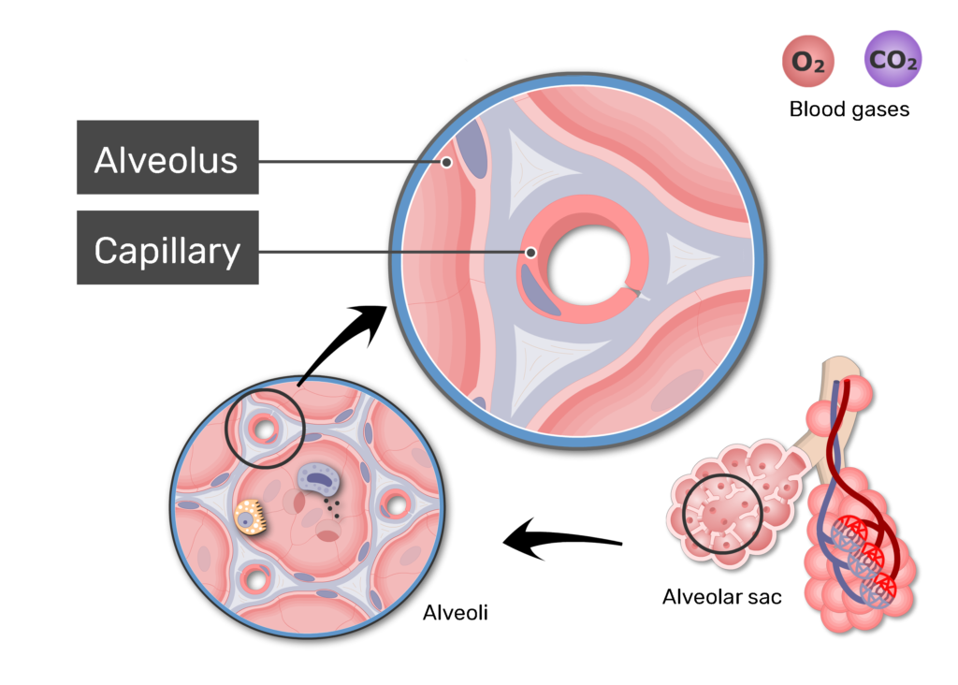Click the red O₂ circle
pyautogui.click(x=807, y=61)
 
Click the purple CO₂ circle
pyautogui.click(x=893, y=59)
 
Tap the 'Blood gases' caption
pyautogui.click(x=849, y=109)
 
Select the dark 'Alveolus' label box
pyautogui.click(x=167, y=157)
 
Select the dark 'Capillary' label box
pyautogui.click(x=167, y=247)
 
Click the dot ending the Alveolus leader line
pyautogui.click(x=446, y=163)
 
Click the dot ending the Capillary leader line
pyautogui.click(x=531, y=253)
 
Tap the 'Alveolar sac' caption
pyautogui.click(x=721, y=596)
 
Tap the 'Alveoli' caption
pyautogui.click(x=456, y=612)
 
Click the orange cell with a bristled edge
pyautogui.click(x=251, y=517)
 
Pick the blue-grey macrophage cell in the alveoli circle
pyautogui.click(x=319, y=478)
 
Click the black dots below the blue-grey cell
pyautogui.click(x=332, y=508)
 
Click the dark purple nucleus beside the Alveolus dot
pyautogui.click(x=472, y=148)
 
